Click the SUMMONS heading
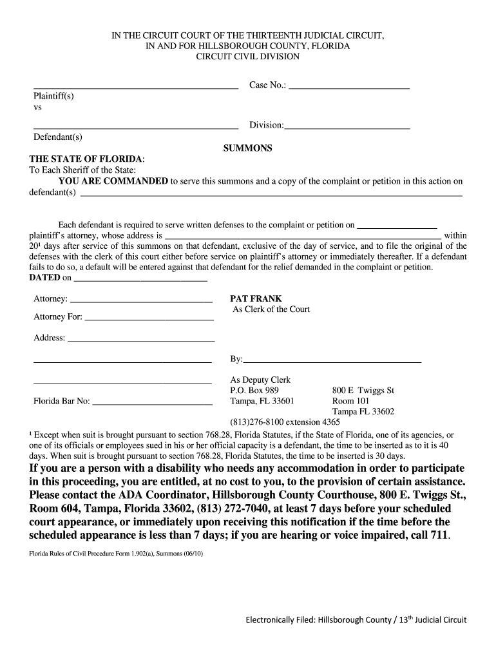pos(247,148)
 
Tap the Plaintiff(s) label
pos(53,96)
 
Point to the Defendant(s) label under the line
pos(57,137)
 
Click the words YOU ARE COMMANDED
pos(113,181)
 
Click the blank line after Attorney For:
pos(149,319)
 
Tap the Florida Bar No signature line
pos(153,404)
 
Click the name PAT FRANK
pos(256,299)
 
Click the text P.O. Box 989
pos(254,391)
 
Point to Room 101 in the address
pos(350,401)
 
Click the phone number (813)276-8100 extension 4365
pos(285,422)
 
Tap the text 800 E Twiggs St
pos(363,391)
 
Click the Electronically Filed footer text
pos(355,620)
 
